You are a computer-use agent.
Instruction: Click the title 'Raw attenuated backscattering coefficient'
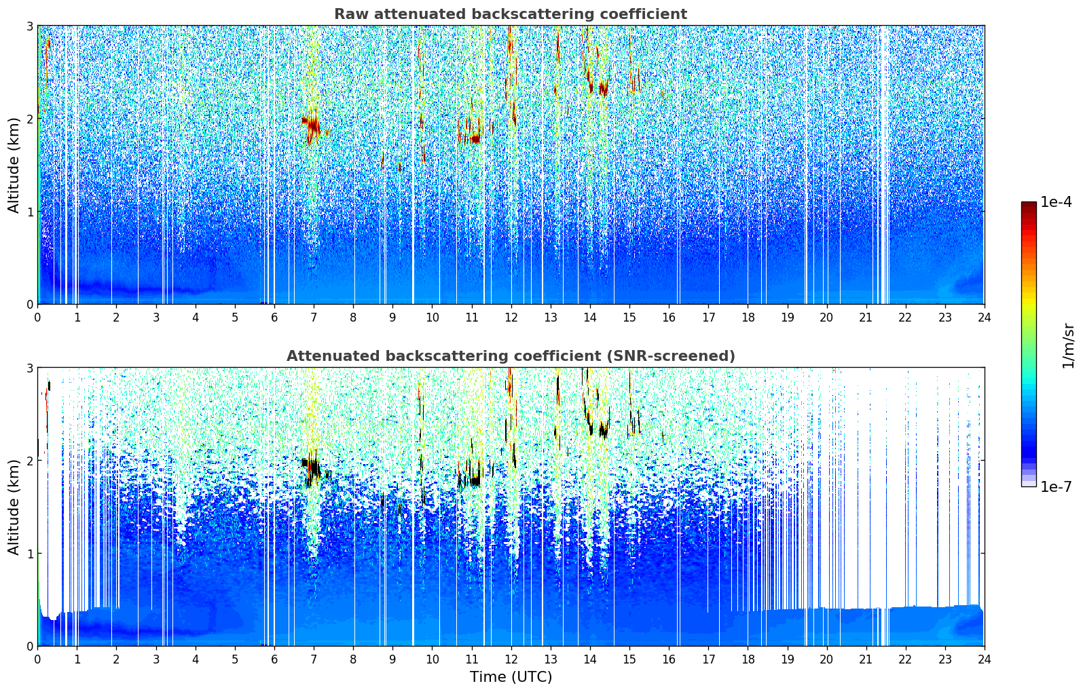click(510, 14)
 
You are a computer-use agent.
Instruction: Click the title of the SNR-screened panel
click(510, 356)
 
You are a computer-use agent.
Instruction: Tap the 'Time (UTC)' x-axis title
click(511, 677)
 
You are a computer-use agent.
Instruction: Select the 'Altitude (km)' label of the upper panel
click(14, 165)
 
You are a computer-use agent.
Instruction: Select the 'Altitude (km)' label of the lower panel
click(14, 507)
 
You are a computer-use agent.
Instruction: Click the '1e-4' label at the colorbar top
click(1056, 202)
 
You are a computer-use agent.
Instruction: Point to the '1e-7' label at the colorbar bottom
click(1056, 486)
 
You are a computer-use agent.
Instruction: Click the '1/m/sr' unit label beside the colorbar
click(1068, 345)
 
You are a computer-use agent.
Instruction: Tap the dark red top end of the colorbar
click(1029, 205)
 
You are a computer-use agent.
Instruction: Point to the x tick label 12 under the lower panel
click(511, 659)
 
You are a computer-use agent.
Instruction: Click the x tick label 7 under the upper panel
click(314, 317)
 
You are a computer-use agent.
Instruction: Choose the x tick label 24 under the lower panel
click(984, 659)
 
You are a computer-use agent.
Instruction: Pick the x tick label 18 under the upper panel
click(748, 317)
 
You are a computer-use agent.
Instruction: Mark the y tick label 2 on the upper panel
click(30, 119)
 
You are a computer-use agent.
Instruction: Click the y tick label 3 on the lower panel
click(30, 368)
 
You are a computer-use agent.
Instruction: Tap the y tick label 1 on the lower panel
click(30, 554)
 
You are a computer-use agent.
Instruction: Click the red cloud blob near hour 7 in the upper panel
click(313, 126)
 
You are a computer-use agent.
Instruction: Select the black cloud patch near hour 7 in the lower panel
click(313, 469)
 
